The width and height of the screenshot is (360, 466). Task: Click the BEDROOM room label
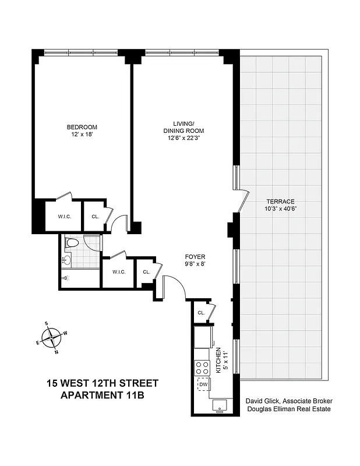82,128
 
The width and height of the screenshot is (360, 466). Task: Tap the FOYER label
195,256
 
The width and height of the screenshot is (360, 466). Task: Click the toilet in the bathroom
72,242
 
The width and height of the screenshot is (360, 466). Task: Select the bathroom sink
66,260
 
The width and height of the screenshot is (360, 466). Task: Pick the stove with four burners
203,368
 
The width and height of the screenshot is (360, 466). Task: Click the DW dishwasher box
204,385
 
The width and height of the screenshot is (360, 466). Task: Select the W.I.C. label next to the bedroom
64,217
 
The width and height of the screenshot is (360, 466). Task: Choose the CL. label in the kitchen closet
201,313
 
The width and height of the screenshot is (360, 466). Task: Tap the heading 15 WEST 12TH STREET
102,384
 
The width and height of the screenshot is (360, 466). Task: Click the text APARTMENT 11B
102,396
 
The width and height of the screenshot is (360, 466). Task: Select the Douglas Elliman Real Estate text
288,409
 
